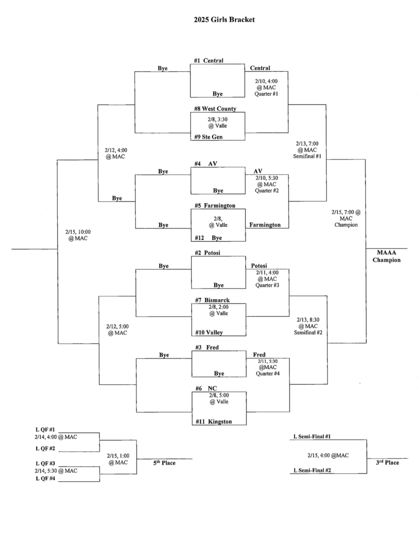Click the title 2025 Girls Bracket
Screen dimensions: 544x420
click(x=224, y=20)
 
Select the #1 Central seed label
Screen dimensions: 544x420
click(x=208, y=61)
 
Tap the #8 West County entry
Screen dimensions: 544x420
click(x=215, y=109)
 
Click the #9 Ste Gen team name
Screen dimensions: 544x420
click(x=208, y=137)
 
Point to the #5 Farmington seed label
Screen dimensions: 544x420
click(x=215, y=205)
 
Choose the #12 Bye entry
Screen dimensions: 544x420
click(x=208, y=237)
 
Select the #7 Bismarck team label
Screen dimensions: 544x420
click(x=212, y=300)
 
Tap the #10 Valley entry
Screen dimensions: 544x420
click(x=209, y=333)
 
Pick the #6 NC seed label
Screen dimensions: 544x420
click(x=204, y=388)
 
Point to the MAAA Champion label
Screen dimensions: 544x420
click(x=386, y=257)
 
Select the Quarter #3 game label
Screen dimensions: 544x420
click(x=267, y=285)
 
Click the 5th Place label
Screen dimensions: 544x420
click(x=165, y=463)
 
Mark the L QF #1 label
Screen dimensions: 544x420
click(x=45, y=429)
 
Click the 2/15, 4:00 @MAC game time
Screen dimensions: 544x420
click(x=328, y=455)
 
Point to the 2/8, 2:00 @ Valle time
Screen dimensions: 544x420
click(x=219, y=310)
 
